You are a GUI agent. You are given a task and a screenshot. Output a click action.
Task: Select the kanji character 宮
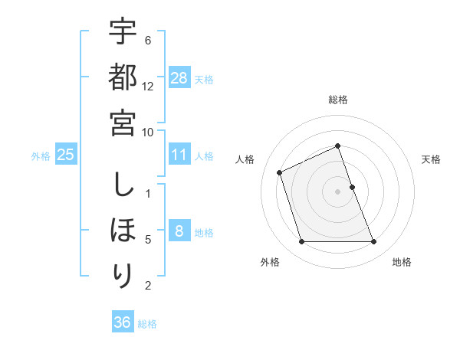coord(123,122)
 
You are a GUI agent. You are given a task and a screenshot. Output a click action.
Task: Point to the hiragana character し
coord(123,185)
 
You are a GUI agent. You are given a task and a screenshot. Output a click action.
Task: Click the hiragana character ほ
coord(123,230)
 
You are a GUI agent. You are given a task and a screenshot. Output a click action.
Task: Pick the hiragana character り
coord(123,275)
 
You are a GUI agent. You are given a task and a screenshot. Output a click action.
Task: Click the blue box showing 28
coord(179,78)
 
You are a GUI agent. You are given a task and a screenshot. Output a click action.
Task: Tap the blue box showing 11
coord(179,155)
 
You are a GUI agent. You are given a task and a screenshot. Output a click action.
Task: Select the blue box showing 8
coord(179,231)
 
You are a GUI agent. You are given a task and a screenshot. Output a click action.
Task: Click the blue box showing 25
coord(66,155)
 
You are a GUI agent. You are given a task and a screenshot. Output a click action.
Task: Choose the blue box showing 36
coord(123,322)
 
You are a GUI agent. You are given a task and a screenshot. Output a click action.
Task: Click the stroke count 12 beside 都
coord(148,86)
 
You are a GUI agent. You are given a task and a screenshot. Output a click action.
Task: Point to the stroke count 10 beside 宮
coord(148,131)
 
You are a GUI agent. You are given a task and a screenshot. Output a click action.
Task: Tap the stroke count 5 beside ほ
coord(148,239)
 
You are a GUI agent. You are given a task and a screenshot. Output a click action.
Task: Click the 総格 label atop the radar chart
coord(338,100)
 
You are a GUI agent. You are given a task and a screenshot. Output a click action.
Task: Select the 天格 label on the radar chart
coord(432,159)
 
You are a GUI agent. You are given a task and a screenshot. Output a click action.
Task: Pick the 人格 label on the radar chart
coord(245,159)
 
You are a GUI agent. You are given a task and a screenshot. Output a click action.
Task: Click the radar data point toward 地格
coord(374,242)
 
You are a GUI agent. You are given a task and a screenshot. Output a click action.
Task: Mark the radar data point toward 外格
coord(301,242)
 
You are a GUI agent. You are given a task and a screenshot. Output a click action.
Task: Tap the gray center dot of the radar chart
coord(338,191)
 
